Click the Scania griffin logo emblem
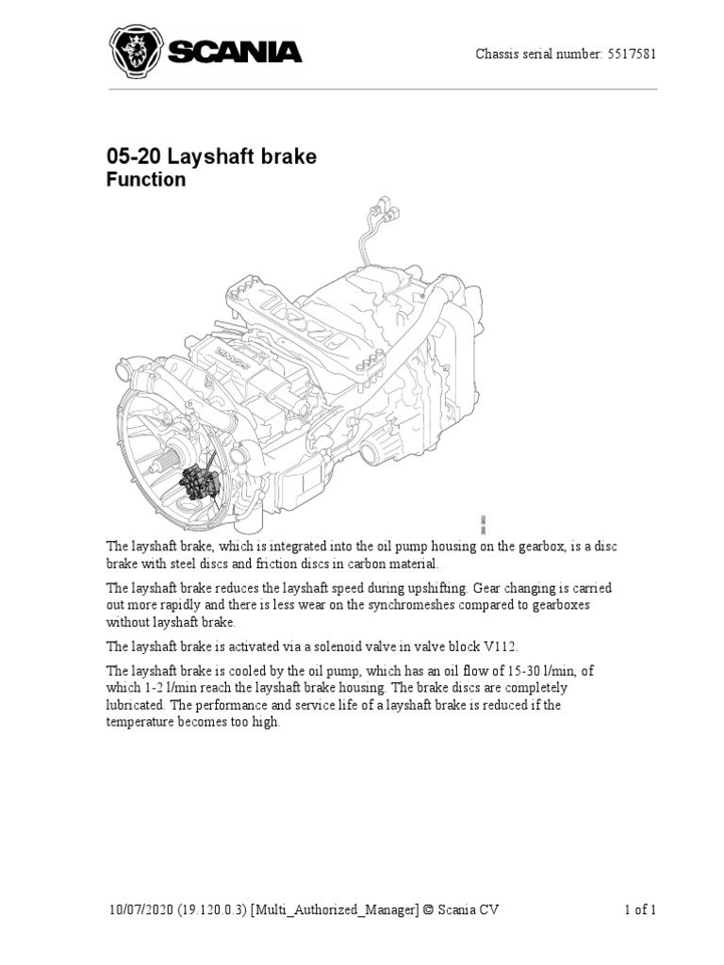point(136,51)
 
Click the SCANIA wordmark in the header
point(235,52)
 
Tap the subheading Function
point(145,180)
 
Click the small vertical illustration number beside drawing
point(484,523)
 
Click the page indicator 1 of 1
point(640,909)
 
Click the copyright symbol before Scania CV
point(430,909)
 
